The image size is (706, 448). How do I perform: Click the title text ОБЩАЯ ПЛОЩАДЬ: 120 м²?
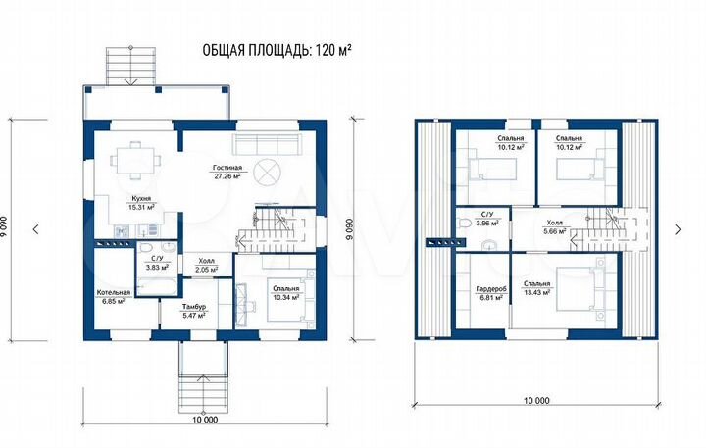coord(277,50)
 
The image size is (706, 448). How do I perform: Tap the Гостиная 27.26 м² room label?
coord(227,172)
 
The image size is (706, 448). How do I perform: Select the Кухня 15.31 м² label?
coord(141,203)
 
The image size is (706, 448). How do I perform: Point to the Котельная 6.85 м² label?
coord(114,297)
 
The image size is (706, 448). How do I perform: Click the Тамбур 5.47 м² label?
coord(194,311)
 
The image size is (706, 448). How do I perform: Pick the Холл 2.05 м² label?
coord(207,265)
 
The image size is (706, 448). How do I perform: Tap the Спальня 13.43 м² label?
coord(536,288)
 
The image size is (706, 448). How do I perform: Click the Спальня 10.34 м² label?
coord(286,293)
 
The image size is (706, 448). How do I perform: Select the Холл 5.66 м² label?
coord(554,226)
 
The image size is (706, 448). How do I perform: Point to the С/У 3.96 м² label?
coord(487,219)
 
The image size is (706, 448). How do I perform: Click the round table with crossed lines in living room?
coord(267,172)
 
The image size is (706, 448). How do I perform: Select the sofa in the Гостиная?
coord(267,144)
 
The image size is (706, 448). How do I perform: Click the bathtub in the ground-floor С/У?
coord(157,286)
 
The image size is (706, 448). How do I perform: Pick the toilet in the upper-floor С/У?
coord(463,222)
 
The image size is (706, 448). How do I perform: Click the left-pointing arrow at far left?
coord(36,229)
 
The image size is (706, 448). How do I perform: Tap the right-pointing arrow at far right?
coord(678,229)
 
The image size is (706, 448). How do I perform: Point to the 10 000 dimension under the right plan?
coord(536,400)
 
